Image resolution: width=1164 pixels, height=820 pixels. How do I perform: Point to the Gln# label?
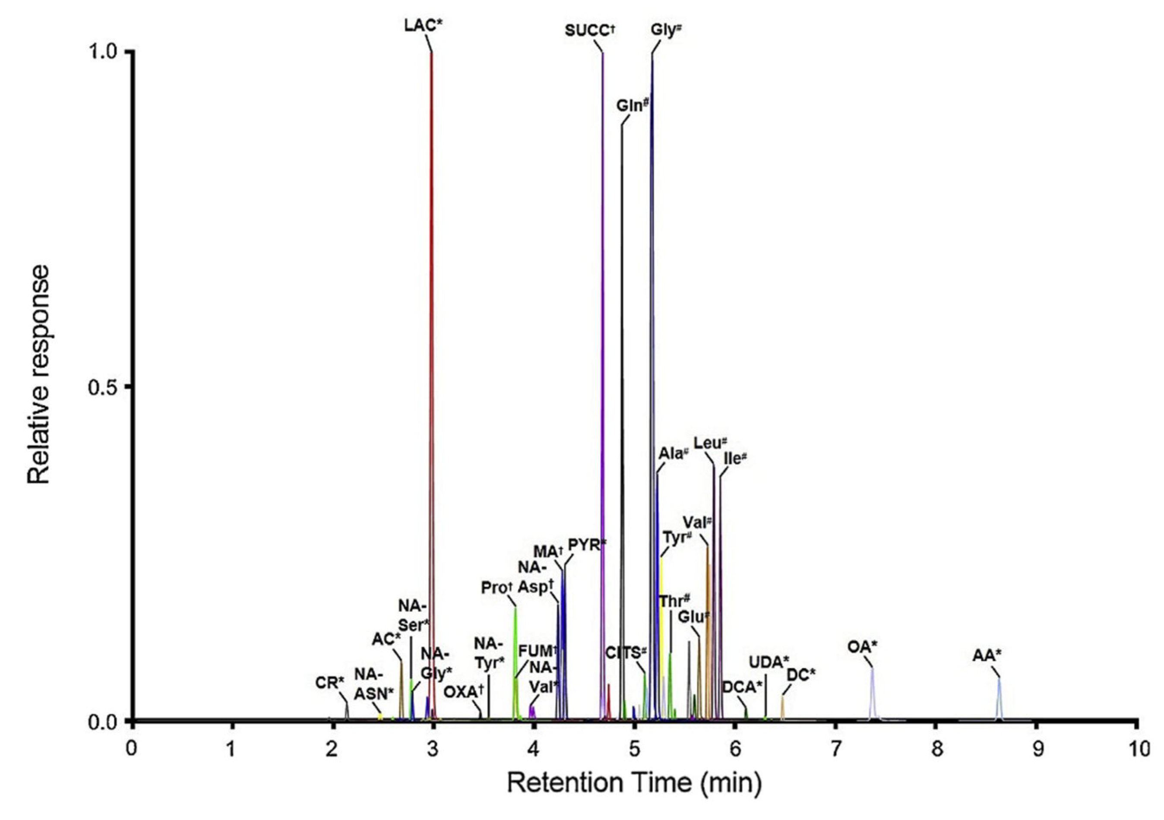pyautogui.click(x=633, y=106)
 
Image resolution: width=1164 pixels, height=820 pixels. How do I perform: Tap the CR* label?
pyautogui.click(x=329, y=683)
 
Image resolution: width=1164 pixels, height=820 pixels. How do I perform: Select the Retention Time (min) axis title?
pyautogui.click(x=634, y=783)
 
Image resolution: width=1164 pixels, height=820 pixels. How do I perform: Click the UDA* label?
pyautogui.click(x=769, y=662)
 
